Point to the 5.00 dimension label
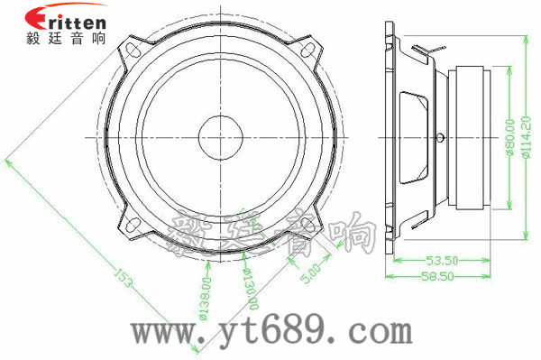coord(307,270)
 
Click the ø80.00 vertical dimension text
coord(510,136)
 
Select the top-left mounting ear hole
coord(133,46)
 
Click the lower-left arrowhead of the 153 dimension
coord(9,162)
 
